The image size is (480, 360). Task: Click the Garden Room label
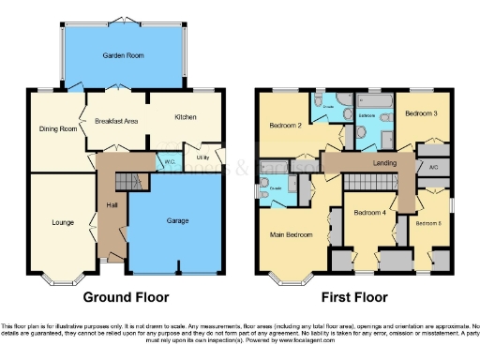coord(124,56)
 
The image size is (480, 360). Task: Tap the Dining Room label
coord(57,128)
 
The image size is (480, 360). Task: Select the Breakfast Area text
coord(116,121)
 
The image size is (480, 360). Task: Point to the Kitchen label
coord(184,117)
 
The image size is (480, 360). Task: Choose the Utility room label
coord(202,158)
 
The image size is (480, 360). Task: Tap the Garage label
coord(177,220)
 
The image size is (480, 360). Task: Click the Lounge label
coord(63,222)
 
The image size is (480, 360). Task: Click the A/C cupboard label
coord(432,167)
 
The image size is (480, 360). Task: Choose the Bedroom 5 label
coord(428,223)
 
